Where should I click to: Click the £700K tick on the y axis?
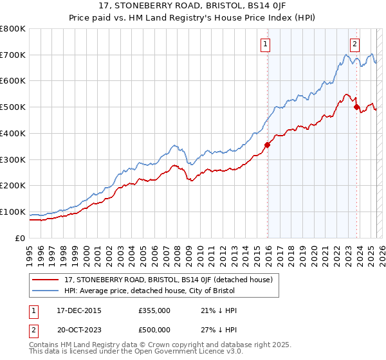point(13,55)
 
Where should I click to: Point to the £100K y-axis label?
point(13,212)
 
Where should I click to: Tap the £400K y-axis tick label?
point(13,133)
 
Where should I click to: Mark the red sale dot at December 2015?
point(267,145)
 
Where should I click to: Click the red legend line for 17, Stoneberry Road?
point(46,280)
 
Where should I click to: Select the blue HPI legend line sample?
point(46,290)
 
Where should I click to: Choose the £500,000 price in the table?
point(154,330)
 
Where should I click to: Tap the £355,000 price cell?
point(154,310)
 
